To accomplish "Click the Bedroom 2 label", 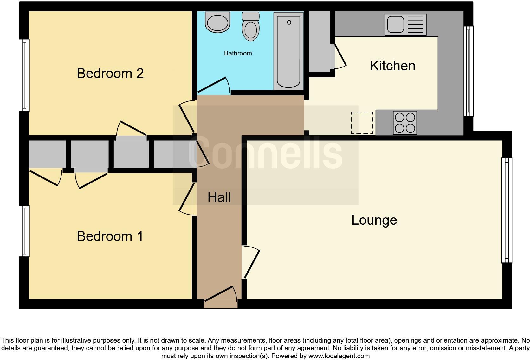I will pos(110,73).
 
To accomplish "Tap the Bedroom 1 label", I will pos(110,236).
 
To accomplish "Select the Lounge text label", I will pos(374,220).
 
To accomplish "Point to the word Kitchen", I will pos(392,66).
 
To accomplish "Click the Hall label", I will pos(219,197).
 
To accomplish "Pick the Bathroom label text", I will pos(238,53).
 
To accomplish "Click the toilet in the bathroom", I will pos(251,27).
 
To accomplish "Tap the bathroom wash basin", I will pos(217,22).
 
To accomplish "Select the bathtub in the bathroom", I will pos(288,51).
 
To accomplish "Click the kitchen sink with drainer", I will pos(405,25).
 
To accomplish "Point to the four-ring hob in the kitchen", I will pos(405,123).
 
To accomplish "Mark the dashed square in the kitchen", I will pos(362,123).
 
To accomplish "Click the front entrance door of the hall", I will pos(221,295).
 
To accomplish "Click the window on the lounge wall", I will pos(507,210).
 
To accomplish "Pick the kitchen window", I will pos(469,71).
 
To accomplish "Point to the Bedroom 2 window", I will pos(24,75).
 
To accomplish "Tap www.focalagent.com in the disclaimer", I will pos(339,356).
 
